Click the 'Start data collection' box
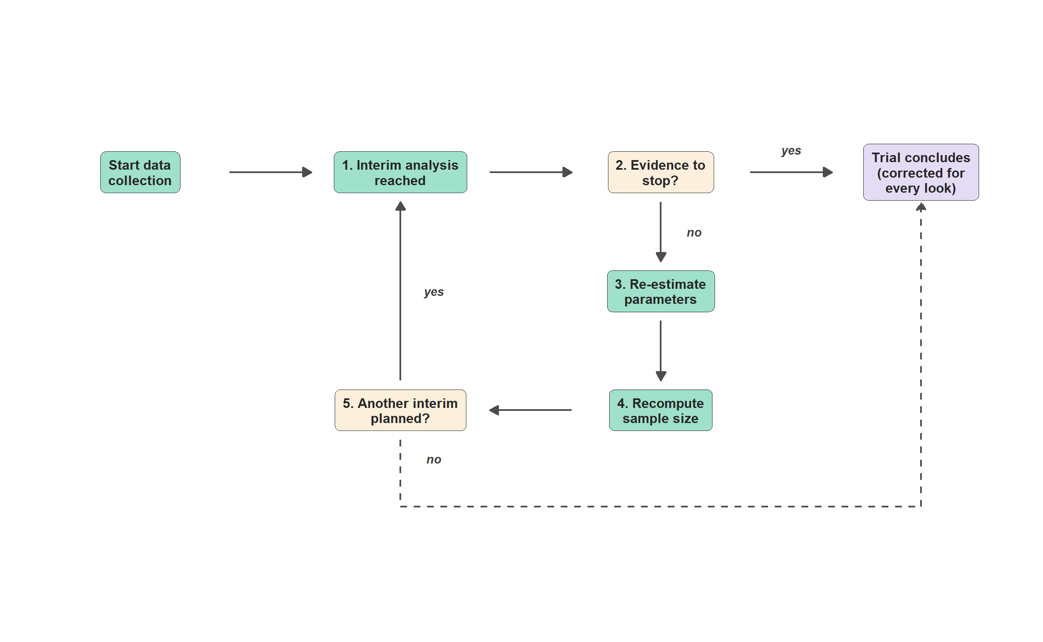pyautogui.click(x=140, y=172)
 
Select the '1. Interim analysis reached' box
pyautogui.click(x=400, y=172)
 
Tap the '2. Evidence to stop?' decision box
pyautogui.click(x=661, y=172)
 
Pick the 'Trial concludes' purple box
pyautogui.click(x=921, y=172)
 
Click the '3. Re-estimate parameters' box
pyautogui.click(x=661, y=291)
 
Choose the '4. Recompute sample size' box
pyautogui.click(x=661, y=410)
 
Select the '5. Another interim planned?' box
pyautogui.click(x=400, y=410)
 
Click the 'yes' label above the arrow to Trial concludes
pyautogui.click(x=791, y=151)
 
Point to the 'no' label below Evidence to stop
pyautogui.click(x=694, y=233)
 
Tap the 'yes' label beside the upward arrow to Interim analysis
pyautogui.click(x=434, y=293)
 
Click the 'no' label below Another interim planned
pyautogui.click(x=434, y=459)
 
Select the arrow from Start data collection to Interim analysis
pyautogui.click(x=271, y=172)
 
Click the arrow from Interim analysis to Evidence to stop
pyautogui.click(x=531, y=172)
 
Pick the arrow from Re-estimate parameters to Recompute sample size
pyautogui.click(x=661, y=351)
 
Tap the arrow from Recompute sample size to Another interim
pyautogui.click(x=531, y=410)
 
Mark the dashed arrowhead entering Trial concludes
pyautogui.click(x=921, y=207)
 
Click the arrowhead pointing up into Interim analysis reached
pyautogui.click(x=400, y=206)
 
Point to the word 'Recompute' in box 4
pyautogui.click(x=668, y=403)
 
